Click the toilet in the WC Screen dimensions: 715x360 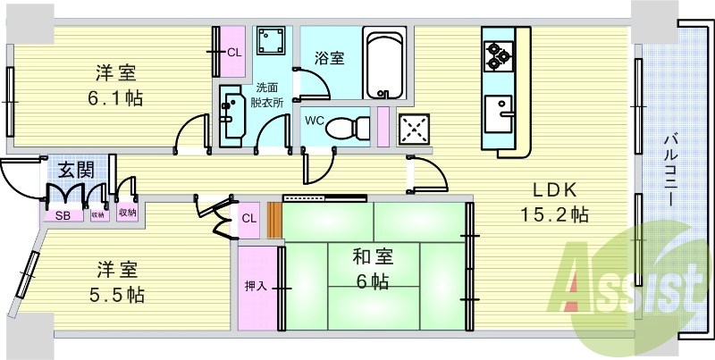(x=348, y=127)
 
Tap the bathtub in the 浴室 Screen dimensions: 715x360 (x=384, y=63)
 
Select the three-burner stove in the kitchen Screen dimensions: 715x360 (x=498, y=55)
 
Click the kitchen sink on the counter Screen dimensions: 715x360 (x=499, y=114)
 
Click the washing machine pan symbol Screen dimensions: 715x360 (x=271, y=40)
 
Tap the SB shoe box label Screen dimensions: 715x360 (x=63, y=216)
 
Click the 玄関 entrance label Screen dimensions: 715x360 (x=76, y=171)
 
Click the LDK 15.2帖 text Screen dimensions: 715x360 (x=554, y=202)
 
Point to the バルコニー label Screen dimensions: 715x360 (x=670, y=169)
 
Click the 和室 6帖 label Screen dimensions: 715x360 (x=372, y=270)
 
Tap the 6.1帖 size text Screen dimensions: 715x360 (x=115, y=98)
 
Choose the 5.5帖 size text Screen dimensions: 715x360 (x=117, y=295)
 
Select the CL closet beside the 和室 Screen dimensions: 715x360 (x=249, y=219)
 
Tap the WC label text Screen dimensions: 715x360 (x=315, y=121)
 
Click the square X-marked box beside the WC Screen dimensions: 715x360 (x=413, y=130)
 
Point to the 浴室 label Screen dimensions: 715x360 (x=329, y=58)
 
